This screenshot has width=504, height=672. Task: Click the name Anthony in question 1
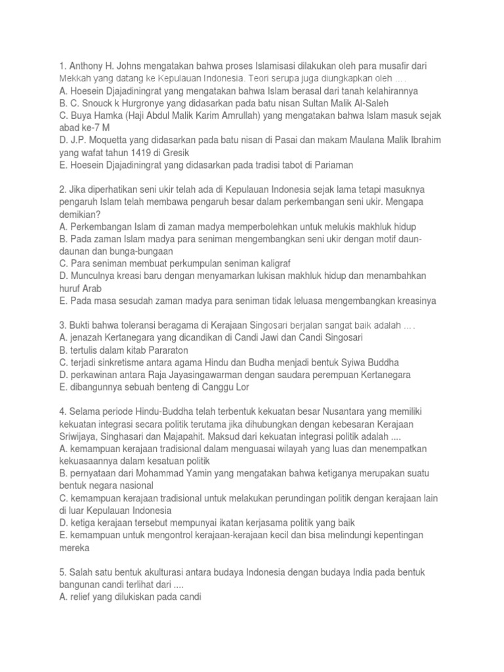coord(86,67)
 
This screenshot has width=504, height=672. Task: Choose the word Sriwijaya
coord(79,436)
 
